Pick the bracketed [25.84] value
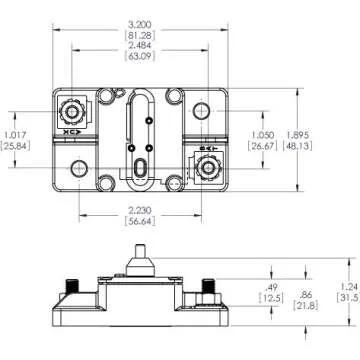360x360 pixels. pos(15,147)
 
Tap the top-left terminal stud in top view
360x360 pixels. pos(73,108)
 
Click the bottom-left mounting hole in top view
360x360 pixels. pos(77,165)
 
